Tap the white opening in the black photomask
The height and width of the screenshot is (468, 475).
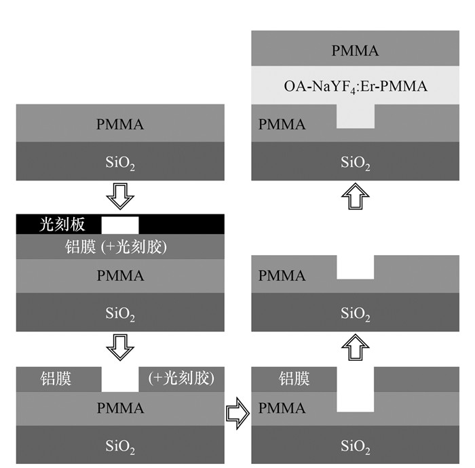(120, 224)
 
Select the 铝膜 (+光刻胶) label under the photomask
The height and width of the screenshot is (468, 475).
(120, 248)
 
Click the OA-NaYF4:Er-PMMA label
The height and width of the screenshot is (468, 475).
(355, 86)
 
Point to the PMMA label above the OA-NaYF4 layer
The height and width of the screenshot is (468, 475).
(355, 50)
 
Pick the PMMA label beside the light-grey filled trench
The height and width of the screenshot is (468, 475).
(282, 124)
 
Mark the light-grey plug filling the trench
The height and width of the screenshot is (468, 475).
(355, 120)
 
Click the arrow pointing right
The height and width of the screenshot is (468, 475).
(237, 410)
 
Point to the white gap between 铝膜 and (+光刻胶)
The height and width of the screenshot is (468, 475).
(120, 379)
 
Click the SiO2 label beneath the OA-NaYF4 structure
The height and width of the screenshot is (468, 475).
(355, 163)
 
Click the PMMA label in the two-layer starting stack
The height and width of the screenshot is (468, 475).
(120, 124)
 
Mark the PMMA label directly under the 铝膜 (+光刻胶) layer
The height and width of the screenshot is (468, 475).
(120, 276)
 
